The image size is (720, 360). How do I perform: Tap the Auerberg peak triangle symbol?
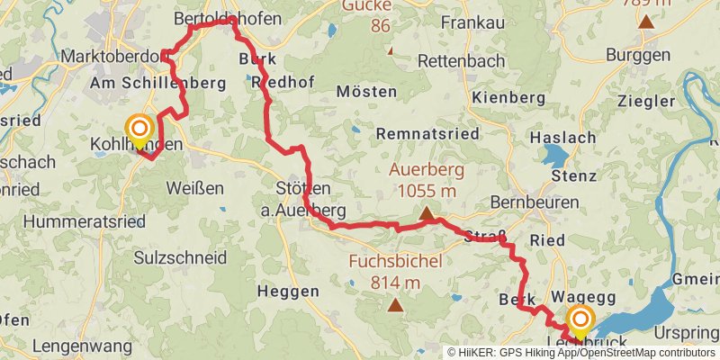426,214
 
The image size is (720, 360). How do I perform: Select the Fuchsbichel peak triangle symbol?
395,305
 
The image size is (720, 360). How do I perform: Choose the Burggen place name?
638,55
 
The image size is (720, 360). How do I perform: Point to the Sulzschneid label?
179,257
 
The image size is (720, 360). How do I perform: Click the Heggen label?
288,291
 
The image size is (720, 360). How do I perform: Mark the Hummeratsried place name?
73,220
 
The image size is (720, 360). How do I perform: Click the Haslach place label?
564,138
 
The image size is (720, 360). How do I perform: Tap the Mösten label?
366,92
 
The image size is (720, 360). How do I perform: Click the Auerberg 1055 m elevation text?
423,180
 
